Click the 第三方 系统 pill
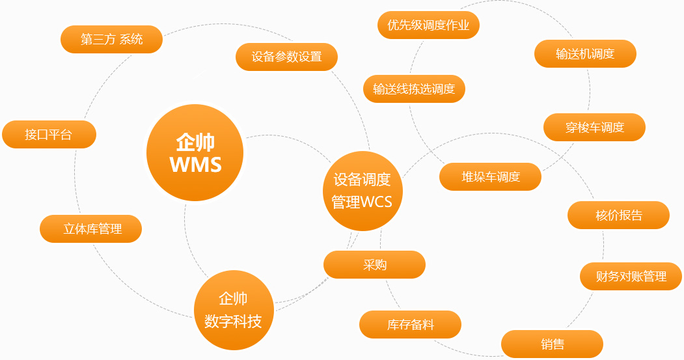pos(112,39)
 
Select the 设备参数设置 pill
pos(286,57)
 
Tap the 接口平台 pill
pos(49,134)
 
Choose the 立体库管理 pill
pos(90,228)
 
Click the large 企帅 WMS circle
pos(195,153)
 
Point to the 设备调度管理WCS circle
pos(363,191)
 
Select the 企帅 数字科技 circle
pos(234,311)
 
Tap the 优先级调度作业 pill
pos(428,25)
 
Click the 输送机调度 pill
pos(586,53)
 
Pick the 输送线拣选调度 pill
pos(414,89)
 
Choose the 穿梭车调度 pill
pos(595,128)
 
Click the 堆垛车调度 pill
pos(490,176)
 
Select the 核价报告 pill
pos(618,215)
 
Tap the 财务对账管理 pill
pos(631,276)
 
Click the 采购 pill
pos(374,264)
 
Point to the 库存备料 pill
pos(410,325)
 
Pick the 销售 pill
pos(553,344)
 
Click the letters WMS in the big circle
pos(195,165)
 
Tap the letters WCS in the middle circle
pos(376,202)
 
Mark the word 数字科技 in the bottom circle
pos(233,322)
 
